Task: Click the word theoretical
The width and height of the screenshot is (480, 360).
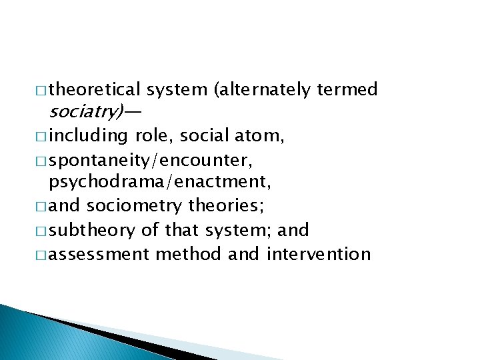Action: (x=95, y=89)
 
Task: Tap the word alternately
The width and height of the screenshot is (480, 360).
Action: (x=265, y=89)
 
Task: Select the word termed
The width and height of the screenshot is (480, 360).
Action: (x=348, y=89)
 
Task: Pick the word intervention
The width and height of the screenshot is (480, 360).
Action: (x=318, y=254)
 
